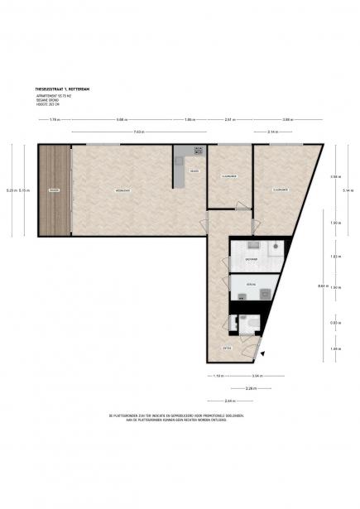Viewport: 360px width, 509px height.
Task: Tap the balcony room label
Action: [x=54, y=190]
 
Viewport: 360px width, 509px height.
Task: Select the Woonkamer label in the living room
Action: [x=122, y=190]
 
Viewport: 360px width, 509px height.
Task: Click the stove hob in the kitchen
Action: [x=199, y=151]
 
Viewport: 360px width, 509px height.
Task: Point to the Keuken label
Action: [x=194, y=171]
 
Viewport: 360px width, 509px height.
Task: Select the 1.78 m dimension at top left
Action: [x=54, y=120]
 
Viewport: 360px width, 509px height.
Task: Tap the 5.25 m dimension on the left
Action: [x=11, y=190]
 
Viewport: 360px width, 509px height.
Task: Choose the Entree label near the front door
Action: [x=227, y=348]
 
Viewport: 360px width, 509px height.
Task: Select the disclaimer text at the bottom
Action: [x=180, y=416]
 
